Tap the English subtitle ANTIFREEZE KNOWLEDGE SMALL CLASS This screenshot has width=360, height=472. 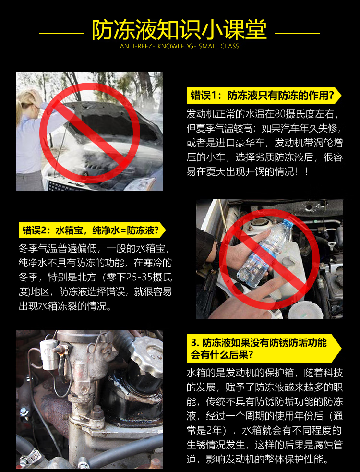tap(180, 47)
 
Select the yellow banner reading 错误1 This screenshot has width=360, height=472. tap(264, 96)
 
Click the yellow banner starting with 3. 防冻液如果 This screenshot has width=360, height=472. tap(264, 348)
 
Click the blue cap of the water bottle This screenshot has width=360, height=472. tap(288, 224)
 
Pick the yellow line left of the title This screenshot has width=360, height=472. tap(62, 33)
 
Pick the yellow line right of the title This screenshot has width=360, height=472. tap(297, 33)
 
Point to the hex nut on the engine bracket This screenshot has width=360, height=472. tap(97, 411)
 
